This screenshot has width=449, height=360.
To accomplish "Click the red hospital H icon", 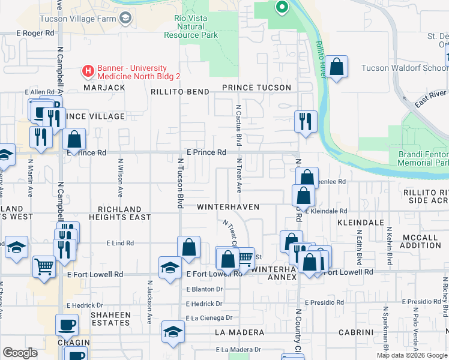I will click(88, 71).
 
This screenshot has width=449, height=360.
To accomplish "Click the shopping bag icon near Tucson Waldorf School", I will click(337, 67).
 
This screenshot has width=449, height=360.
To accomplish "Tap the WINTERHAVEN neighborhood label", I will click(228, 207).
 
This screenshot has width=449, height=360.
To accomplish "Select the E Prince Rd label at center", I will click(206, 153).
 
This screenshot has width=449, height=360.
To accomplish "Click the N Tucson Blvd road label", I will click(179, 183).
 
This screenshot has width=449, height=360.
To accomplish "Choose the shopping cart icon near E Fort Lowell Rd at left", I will click(44, 265).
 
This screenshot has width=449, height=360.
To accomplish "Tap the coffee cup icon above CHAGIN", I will click(67, 325).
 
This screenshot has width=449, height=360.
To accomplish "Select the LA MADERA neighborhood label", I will click(239, 332).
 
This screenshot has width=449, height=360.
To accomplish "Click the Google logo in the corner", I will click(20, 352).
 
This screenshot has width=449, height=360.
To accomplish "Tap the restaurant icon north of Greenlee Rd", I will click(306, 122).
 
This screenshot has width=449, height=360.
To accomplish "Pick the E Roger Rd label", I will click(35, 34).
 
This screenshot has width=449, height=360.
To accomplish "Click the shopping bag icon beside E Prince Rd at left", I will click(74, 139).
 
